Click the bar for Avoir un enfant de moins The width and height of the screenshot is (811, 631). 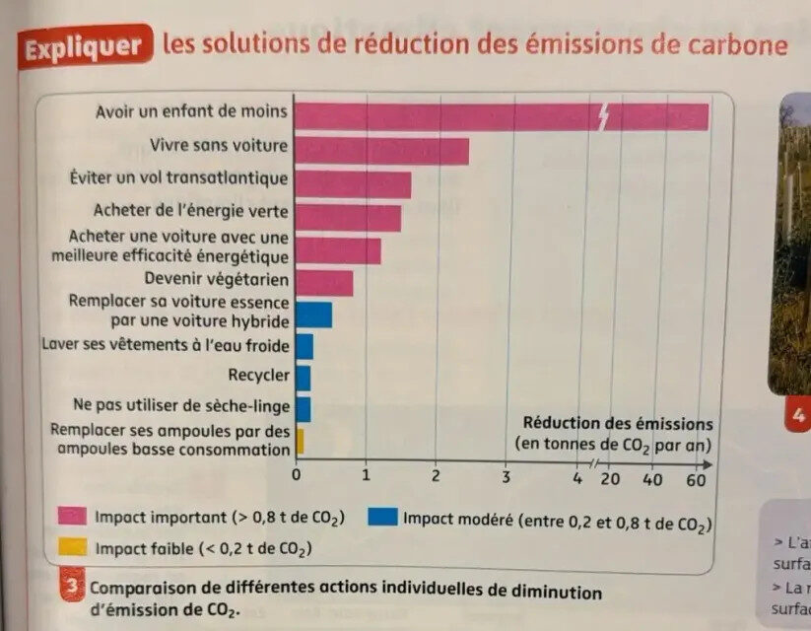pos(501,116)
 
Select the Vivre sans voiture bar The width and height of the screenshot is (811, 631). pos(381,151)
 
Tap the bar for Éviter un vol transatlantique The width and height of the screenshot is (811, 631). pos(353,184)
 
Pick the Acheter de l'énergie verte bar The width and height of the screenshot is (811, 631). pos(348,217)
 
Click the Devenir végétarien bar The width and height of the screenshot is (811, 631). pos(324,283)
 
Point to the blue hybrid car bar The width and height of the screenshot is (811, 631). pos(313,315)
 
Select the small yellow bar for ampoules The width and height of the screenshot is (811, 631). pos(300,441)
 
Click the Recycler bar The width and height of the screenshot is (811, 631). pos(304,378)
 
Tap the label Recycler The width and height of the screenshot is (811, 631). pos(258,376)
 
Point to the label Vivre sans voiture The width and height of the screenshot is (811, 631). pos(219,145)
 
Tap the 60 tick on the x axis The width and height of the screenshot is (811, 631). pos(695,479)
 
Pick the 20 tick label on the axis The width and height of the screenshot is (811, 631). pos(610,479)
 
